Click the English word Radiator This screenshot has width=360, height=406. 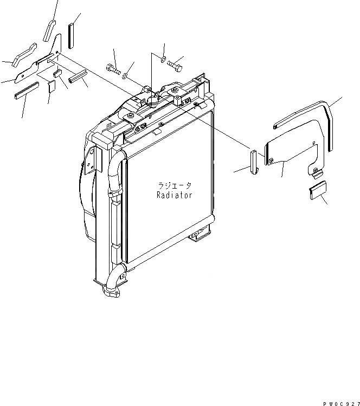coord(174,195)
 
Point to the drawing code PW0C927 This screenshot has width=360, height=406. coord(338,401)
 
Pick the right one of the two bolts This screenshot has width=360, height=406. coord(175,65)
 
